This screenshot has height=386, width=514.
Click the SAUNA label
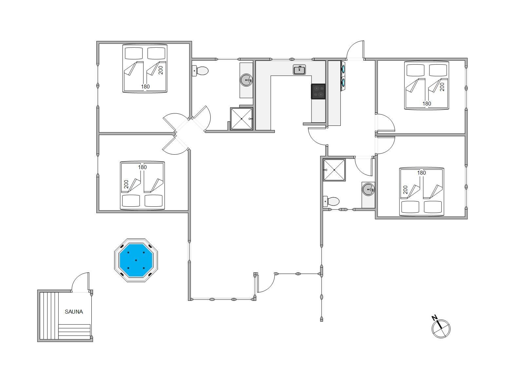(74, 312)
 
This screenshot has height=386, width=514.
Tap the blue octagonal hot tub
(136, 260)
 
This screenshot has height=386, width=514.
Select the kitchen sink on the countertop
(299, 69)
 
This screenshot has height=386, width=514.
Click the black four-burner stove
(318, 91)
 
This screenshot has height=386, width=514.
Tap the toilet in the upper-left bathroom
(200, 71)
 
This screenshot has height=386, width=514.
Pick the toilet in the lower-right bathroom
(331, 201)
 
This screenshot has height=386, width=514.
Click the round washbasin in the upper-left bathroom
(247, 80)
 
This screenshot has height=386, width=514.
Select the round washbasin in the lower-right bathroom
(368, 189)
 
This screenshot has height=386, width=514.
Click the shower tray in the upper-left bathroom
(241, 119)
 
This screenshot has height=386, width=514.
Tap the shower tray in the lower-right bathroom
(334, 170)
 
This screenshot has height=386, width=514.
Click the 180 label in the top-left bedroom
(145, 87)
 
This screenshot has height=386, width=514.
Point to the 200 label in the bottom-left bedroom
(126, 184)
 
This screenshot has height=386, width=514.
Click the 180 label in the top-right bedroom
(427, 104)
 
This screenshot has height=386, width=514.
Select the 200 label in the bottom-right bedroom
(405, 190)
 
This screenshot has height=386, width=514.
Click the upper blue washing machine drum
(343, 68)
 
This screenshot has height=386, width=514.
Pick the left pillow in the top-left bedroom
(134, 53)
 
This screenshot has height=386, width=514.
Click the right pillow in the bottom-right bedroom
(433, 207)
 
